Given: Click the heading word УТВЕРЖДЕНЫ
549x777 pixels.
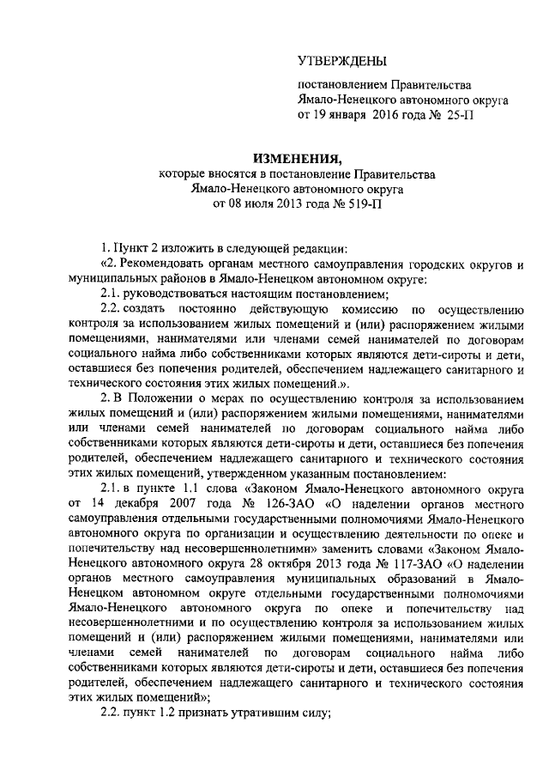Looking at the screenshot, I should pos(341,61).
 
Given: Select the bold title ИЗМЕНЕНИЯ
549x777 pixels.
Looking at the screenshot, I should pos(296,159).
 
